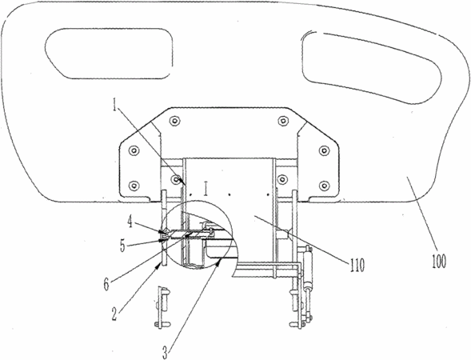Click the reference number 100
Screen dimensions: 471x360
[x=439, y=261]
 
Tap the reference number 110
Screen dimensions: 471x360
[x=357, y=265]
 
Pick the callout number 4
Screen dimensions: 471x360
[x=130, y=223]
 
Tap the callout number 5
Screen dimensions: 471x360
[x=122, y=246]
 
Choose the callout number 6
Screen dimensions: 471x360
[x=106, y=284]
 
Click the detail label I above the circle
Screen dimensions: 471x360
[x=206, y=189]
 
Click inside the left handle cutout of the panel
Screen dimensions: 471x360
[x=109, y=54]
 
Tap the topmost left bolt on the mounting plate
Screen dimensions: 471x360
[x=174, y=121]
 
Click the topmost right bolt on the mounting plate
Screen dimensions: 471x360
[x=282, y=121]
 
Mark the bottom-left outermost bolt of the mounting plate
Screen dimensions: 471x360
[x=134, y=186]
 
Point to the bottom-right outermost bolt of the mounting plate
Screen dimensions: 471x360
[x=324, y=186]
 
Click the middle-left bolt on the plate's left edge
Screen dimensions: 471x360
[x=134, y=150]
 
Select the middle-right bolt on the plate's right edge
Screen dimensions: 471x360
[x=324, y=150]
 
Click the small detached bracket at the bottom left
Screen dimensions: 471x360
[x=162, y=307]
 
